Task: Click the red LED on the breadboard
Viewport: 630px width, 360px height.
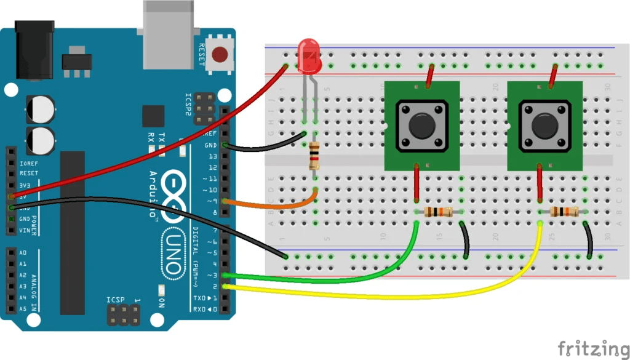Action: tap(308, 53)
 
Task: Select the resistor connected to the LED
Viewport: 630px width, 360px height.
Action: tap(315, 156)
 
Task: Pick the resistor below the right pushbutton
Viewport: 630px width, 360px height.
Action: tap(564, 212)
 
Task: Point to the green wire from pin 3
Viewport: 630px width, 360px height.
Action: tap(345, 279)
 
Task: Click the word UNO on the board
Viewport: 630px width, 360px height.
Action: tap(176, 252)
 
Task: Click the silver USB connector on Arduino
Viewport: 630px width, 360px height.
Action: tap(167, 31)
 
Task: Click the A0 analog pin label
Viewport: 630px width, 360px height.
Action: tap(23, 253)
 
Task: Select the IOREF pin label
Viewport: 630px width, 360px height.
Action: tap(28, 163)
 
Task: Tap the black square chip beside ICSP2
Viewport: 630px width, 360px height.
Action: tap(153, 116)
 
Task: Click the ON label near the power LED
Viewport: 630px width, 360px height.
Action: tap(162, 302)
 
